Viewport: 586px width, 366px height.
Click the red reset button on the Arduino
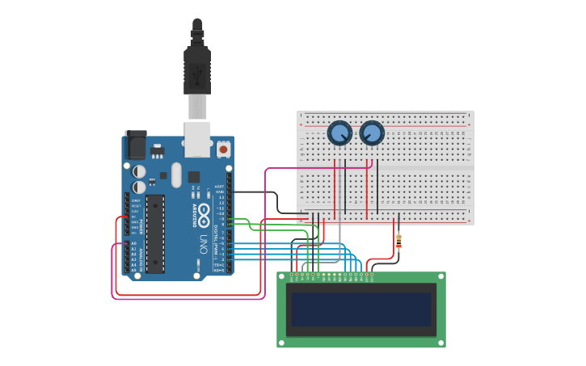coord(223,149)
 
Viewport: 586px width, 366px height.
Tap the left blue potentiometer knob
coord(339,133)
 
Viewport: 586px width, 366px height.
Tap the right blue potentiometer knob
coord(372,133)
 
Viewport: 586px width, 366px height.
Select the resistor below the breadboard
coord(398,240)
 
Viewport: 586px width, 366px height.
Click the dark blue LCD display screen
coord(361,309)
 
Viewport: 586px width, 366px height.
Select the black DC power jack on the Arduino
coord(136,145)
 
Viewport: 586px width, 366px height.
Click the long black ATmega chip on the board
coord(155,233)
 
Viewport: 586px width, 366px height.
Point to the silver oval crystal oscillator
coord(177,175)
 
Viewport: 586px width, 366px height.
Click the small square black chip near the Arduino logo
coord(194,177)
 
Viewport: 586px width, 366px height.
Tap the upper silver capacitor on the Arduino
coord(140,171)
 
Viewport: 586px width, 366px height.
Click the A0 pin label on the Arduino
coord(134,243)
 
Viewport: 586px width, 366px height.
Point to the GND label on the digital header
coord(219,191)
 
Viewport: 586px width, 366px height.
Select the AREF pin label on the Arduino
coord(219,186)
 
